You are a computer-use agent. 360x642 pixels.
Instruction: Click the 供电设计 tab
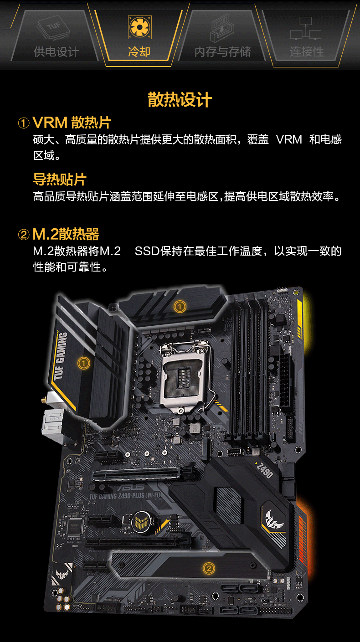[x=56, y=51]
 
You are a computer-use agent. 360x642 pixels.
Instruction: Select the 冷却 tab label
[x=139, y=51]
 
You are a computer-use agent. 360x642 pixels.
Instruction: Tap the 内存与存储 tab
[x=222, y=51]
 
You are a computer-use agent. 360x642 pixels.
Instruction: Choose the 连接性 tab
[x=306, y=51]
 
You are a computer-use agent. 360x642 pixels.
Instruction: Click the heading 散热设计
[x=180, y=100]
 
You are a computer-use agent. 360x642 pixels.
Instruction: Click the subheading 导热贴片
[x=59, y=179]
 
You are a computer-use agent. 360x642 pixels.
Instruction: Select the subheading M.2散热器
[x=66, y=235]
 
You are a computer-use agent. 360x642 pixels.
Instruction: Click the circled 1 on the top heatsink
[x=180, y=307]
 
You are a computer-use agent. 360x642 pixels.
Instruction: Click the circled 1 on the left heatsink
[x=83, y=363]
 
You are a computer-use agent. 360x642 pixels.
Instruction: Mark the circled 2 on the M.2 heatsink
[x=209, y=568]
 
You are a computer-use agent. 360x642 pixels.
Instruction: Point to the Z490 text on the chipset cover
[x=265, y=470]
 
